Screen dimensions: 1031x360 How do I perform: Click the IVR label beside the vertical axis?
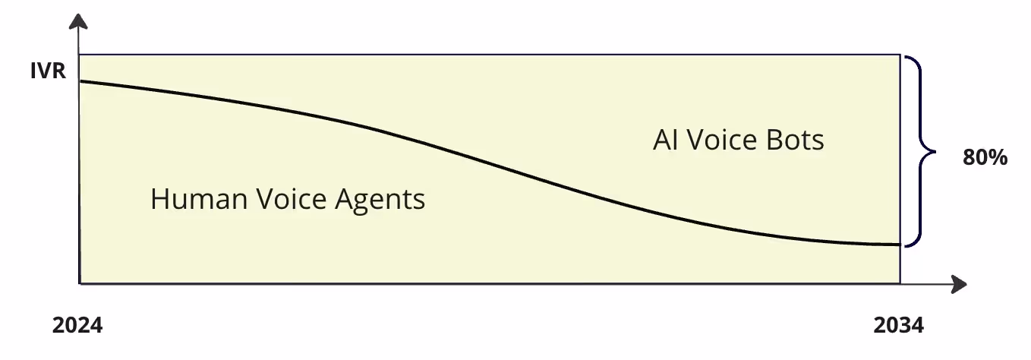click(x=49, y=72)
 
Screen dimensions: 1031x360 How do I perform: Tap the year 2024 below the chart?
click(x=77, y=326)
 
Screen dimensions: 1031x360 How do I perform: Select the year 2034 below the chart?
click(x=899, y=326)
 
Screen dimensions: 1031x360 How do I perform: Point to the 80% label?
click(x=985, y=158)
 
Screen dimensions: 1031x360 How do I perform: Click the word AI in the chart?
click(x=664, y=141)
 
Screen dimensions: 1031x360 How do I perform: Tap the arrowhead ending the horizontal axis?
click(x=960, y=285)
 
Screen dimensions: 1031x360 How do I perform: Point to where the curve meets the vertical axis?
click(x=80, y=81)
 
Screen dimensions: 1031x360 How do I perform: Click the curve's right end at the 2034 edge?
click(x=900, y=245)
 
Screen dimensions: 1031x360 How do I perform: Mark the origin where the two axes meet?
click(x=80, y=284)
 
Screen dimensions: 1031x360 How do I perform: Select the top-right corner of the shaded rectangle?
click(x=900, y=55)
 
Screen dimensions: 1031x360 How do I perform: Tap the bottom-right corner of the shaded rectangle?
click(x=900, y=284)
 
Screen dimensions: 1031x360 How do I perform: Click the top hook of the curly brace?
click(x=907, y=58)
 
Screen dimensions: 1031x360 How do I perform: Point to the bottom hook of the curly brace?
click(x=907, y=245)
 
